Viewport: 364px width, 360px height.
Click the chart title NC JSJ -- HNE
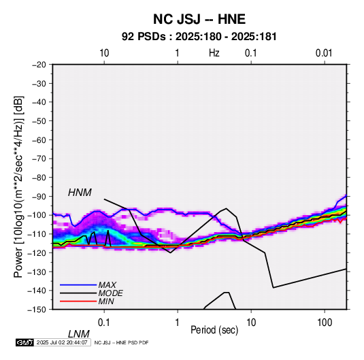[x=199, y=19]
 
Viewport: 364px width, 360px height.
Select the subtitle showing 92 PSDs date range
[x=199, y=37]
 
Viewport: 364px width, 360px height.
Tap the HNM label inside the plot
[x=80, y=193]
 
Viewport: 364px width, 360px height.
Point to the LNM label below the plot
[x=78, y=334]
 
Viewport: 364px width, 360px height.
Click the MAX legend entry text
[x=107, y=284]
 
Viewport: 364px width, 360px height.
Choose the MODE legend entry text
[x=110, y=293]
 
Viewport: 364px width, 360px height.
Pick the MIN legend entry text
[x=106, y=301]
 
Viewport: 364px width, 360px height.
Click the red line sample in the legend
[x=78, y=301]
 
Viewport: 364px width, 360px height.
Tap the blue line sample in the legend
[x=78, y=284]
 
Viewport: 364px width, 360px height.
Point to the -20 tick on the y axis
[x=39, y=65]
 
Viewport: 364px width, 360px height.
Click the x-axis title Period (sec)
[x=214, y=330]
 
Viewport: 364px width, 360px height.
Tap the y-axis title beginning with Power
[x=18, y=186]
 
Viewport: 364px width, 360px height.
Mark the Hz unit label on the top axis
[x=214, y=53]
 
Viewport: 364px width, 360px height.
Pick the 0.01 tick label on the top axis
[x=324, y=53]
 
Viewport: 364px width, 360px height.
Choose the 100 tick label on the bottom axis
[x=325, y=323]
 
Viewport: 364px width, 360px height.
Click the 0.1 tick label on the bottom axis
[x=104, y=323]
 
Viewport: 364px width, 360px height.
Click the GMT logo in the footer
[x=25, y=342]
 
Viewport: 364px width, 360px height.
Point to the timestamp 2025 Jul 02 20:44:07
[x=62, y=342]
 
